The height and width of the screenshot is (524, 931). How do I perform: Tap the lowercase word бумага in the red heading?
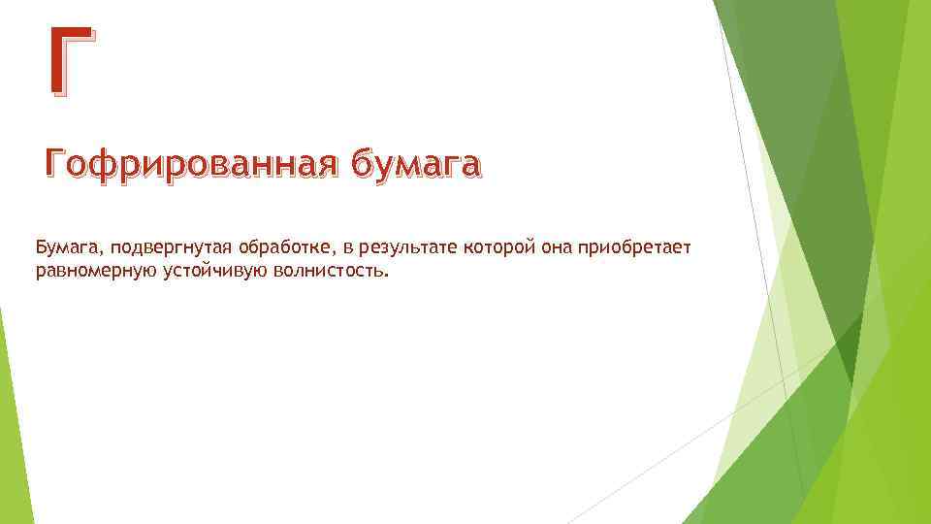(x=415, y=166)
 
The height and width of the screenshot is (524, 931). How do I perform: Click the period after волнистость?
(x=387, y=277)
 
